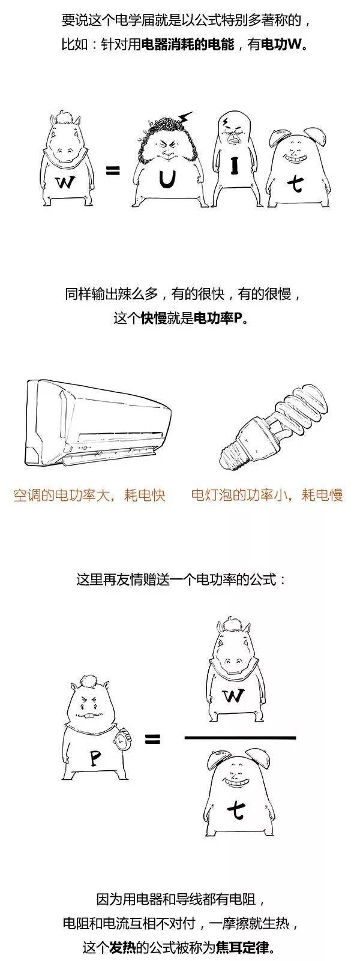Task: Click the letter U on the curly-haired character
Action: coord(165,180)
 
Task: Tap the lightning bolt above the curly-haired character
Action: coord(185,117)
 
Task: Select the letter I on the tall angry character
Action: coord(234,166)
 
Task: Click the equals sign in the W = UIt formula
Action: coord(113,171)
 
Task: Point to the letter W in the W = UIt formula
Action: coord(65,183)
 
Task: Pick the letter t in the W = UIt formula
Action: coord(296,185)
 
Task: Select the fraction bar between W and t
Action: coord(240,737)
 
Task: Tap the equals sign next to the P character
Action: coord(152,739)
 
